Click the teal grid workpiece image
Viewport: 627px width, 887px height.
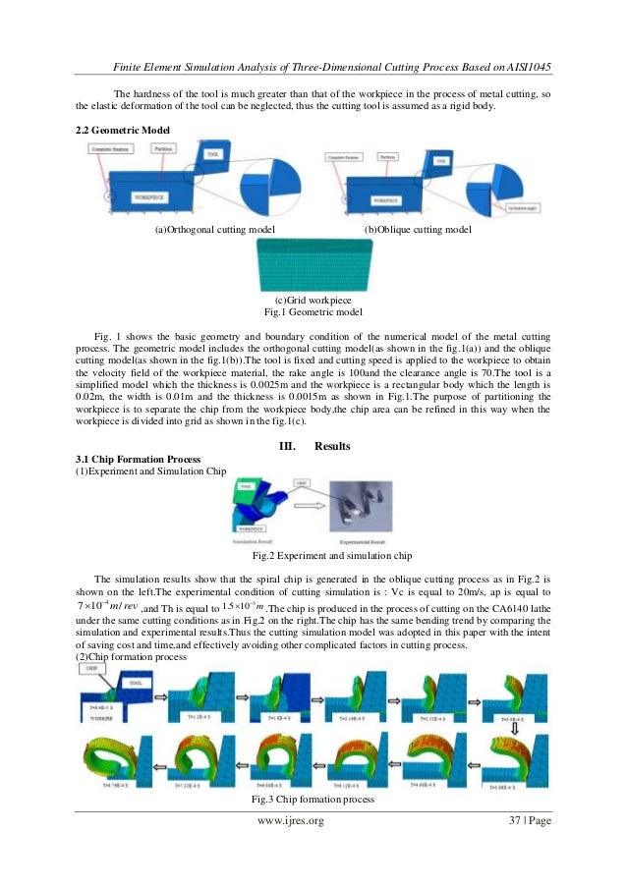pyautogui.click(x=313, y=264)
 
